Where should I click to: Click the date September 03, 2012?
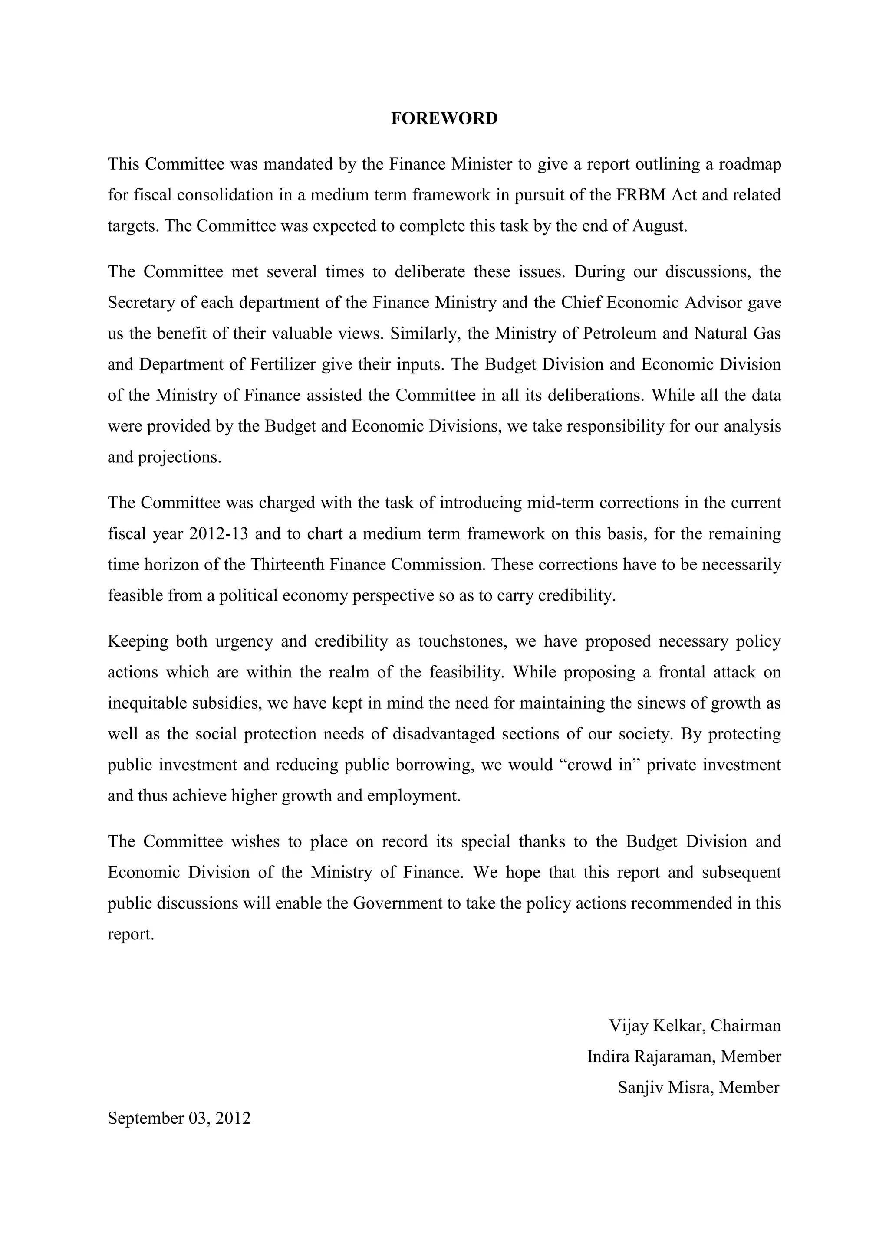[x=179, y=1118]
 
